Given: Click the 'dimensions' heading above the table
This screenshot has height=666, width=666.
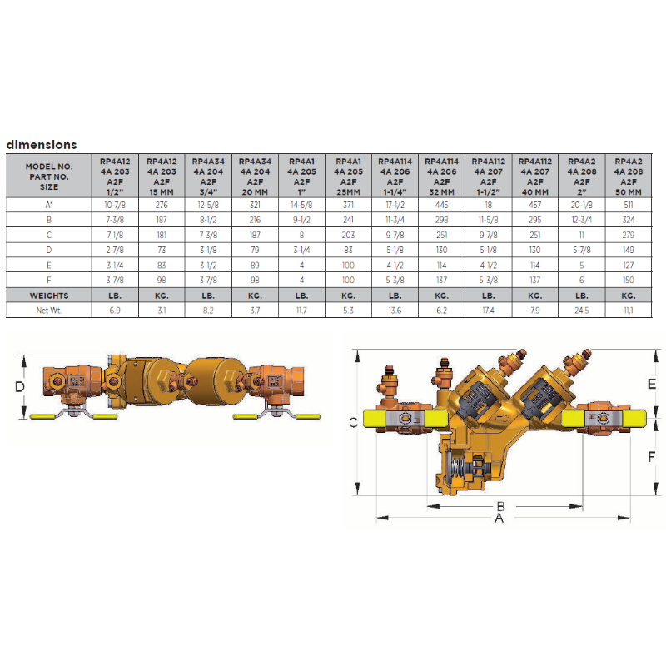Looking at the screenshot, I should click(42, 145).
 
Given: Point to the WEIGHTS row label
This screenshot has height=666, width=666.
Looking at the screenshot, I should click(45, 295).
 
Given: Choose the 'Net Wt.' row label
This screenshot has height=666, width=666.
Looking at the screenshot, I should click(45, 310).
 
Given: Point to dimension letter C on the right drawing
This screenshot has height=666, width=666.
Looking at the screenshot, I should click(353, 423).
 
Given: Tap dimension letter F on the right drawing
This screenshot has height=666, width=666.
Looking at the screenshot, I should click(652, 456).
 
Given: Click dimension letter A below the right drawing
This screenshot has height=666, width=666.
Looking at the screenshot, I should click(499, 518).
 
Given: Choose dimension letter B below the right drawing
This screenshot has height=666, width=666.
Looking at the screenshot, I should click(501, 505).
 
